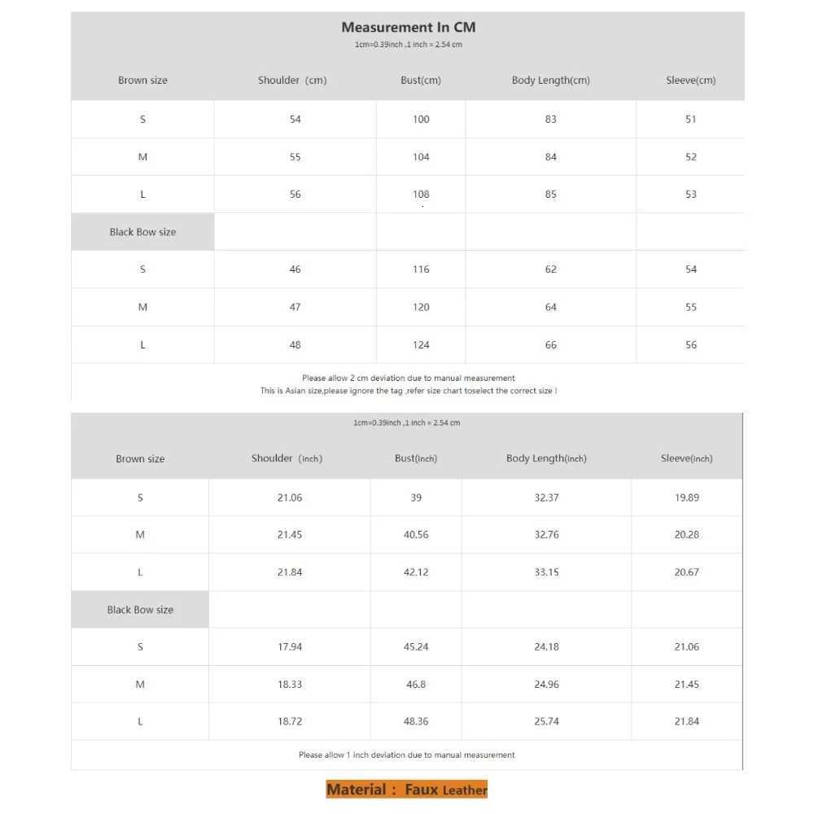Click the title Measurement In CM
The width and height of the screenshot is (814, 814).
point(408,28)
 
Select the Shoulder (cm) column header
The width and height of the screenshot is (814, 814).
point(293,81)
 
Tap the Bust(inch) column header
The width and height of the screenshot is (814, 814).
point(416,459)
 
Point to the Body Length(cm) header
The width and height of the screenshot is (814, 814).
point(550,81)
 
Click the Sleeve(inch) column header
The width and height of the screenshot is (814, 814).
point(686,459)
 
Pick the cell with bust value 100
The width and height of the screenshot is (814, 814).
point(421,120)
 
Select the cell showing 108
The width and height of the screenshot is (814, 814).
point(421,195)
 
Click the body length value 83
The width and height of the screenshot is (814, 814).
point(551,120)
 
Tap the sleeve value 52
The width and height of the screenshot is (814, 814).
point(691,157)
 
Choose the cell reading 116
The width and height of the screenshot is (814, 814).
point(421,269)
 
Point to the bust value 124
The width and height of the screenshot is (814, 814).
point(421,345)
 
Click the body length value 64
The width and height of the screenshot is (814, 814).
point(551,307)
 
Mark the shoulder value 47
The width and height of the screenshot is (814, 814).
point(295,307)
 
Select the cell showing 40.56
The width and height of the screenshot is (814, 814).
point(416,535)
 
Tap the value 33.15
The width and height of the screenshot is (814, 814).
point(546,572)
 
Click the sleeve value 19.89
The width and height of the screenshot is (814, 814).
point(687,497)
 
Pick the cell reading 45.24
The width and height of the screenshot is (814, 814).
point(416,647)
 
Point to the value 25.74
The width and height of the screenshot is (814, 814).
point(546,722)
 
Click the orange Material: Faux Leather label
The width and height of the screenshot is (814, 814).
point(407,790)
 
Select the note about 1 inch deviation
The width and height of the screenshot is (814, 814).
point(407,755)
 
